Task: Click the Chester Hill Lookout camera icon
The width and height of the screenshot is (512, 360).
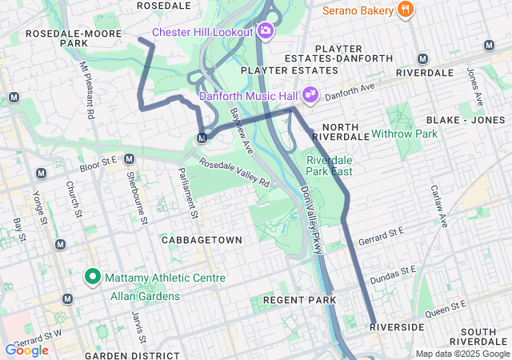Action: [266, 33]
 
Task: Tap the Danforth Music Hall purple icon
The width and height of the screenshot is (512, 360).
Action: [311, 95]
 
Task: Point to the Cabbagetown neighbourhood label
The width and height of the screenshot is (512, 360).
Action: [195, 240]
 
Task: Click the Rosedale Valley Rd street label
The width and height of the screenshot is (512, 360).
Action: [234, 172]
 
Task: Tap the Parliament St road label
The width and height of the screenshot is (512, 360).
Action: [188, 193]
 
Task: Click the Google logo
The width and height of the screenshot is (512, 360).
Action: [26, 350]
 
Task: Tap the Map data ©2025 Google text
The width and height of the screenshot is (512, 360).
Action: [462, 354]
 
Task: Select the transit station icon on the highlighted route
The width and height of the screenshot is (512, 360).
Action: [202, 138]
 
